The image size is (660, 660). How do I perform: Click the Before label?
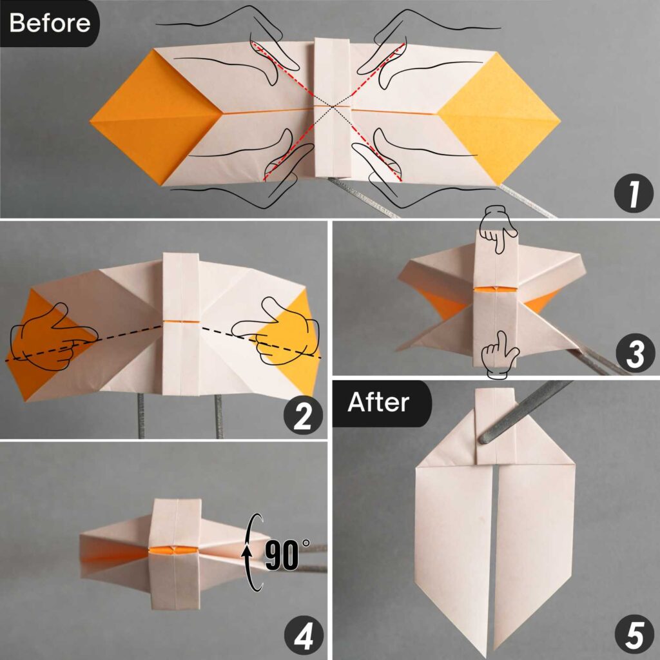click(49, 23)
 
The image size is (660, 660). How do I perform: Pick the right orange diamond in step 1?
click(500, 116)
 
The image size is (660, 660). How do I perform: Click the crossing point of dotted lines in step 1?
click(332, 106)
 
